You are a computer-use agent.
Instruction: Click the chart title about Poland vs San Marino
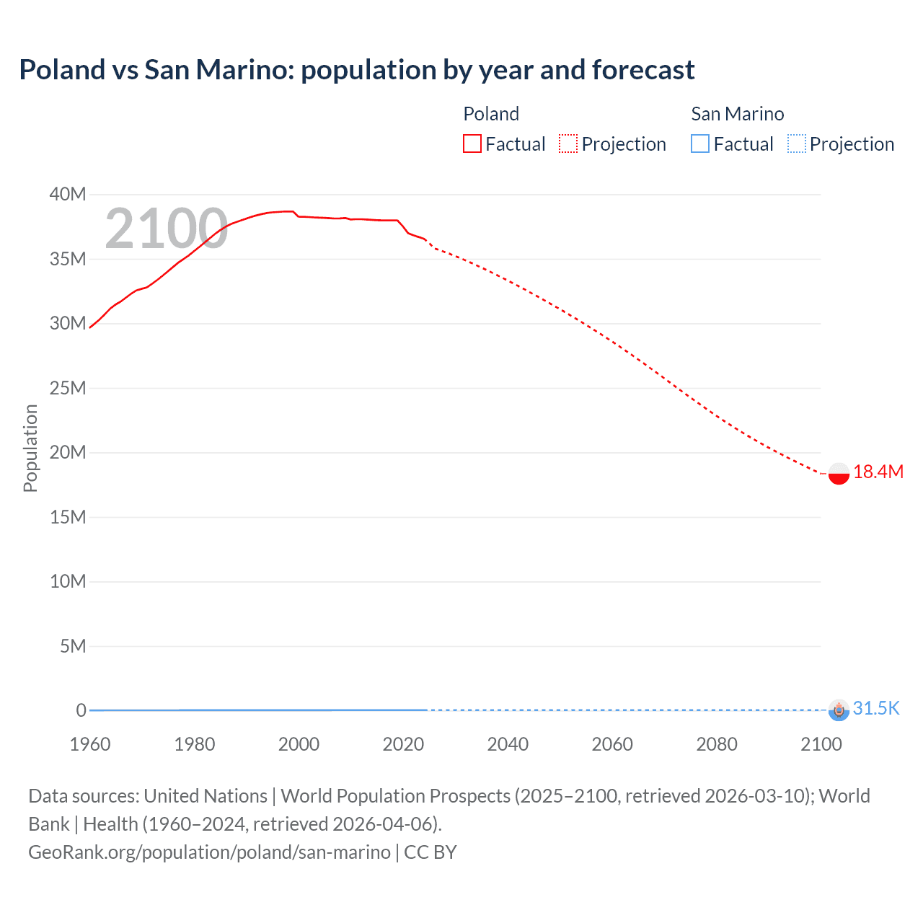point(357,70)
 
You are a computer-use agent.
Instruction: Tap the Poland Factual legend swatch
point(472,143)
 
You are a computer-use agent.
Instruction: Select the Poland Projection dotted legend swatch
point(568,143)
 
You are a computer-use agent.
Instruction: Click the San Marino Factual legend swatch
point(699,143)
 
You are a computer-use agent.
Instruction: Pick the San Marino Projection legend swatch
point(796,143)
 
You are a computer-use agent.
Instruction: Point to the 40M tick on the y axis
point(68,194)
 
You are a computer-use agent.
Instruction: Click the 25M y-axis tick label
point(68,388)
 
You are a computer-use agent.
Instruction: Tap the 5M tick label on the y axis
point(72,646)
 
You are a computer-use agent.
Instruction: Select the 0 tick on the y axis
point(81,710)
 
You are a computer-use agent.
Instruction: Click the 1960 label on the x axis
point(90,744)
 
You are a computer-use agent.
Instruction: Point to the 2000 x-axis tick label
point(299,744)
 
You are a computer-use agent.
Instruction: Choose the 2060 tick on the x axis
point(612,744)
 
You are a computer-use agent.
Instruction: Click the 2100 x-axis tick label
point(821,744)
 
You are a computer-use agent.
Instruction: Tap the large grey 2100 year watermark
point(166,229)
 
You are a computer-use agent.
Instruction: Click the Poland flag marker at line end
point(839,474)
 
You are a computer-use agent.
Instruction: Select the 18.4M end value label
point(878,472)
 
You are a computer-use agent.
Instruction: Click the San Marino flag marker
point(839,710)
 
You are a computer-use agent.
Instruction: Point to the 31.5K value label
point(876,708)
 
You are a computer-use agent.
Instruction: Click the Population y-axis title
point(30,448)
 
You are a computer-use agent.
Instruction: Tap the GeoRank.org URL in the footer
point(209,852)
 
